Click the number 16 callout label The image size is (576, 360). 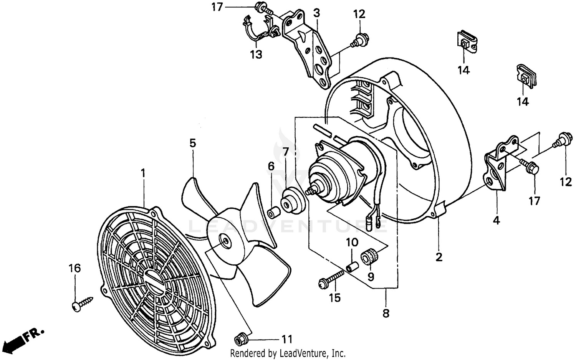(75, 268)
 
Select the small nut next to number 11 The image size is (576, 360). (240, 339)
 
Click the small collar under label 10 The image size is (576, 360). (353, 266)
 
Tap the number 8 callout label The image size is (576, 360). (386, 314)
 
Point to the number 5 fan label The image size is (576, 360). (192, 143)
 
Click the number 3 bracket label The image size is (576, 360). (316, 13)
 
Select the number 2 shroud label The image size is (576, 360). (439, 257)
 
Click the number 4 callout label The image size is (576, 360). (497, 220)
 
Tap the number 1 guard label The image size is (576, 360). (143, 173)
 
